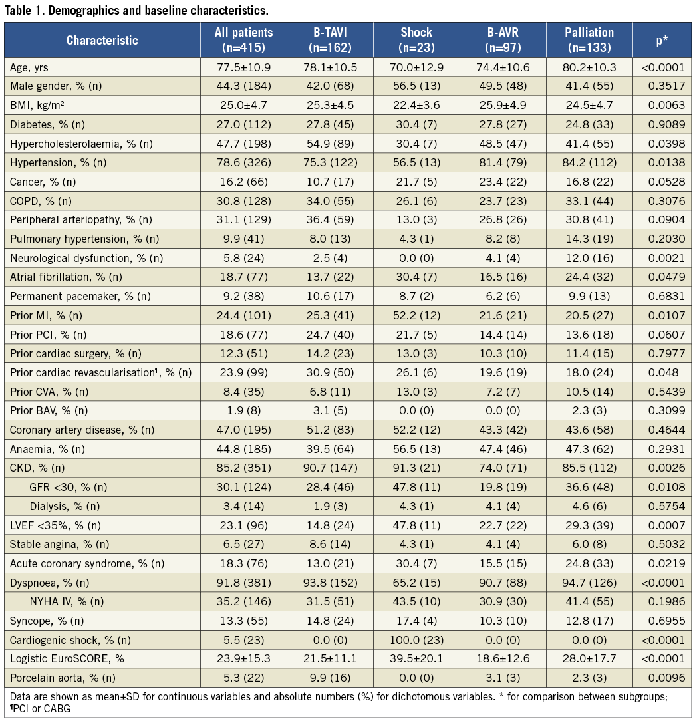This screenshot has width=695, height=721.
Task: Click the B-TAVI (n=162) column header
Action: pos(330,40)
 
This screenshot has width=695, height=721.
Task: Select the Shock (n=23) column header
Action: pos(416,40)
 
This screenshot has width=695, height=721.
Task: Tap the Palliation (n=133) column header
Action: pos(589,40)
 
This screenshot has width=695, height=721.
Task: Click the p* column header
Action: pos(661,40)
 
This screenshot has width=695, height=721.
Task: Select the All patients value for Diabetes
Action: pos(243,124)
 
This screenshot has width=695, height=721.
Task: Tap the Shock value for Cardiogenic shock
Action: pos(416,640)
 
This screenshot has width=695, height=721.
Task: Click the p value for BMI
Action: pos(661,105)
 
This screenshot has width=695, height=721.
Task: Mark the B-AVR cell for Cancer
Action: pos(502,182)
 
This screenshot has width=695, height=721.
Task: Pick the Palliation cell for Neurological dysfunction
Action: pos(589,258)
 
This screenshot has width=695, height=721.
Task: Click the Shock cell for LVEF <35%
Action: pos(416,525)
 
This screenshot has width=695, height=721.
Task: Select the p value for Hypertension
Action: pos(661,162)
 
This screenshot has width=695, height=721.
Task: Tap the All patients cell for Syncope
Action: pos(243,621)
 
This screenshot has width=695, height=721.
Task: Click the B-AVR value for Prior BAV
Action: pos(502,410)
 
